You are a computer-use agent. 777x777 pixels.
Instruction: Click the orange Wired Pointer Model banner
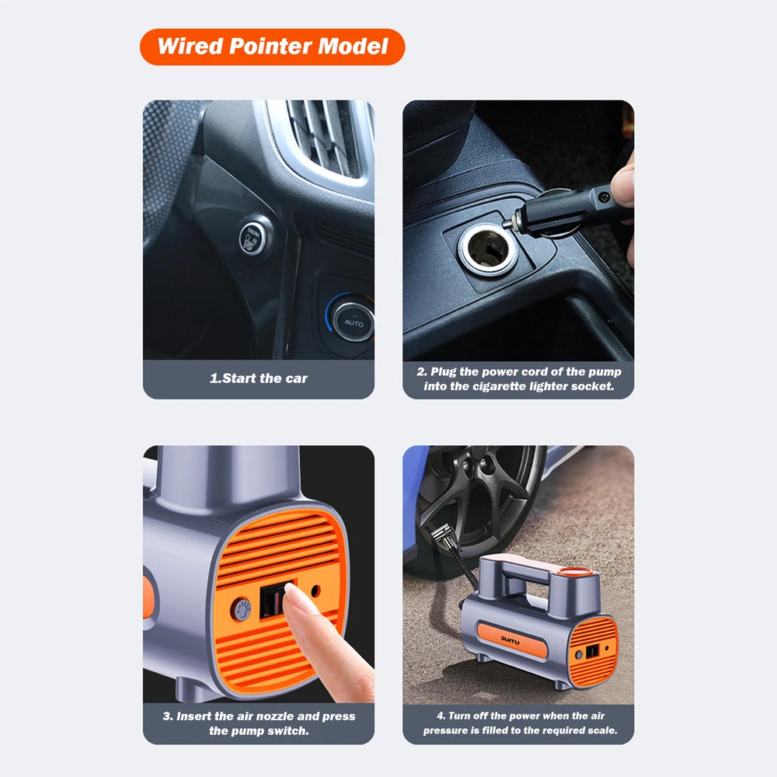coord(272,47)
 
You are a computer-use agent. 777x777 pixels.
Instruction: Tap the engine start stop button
coord(253,239)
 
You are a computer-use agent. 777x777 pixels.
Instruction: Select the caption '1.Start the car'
coord(259,378)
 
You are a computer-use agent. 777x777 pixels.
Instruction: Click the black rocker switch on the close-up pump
coord(273,601)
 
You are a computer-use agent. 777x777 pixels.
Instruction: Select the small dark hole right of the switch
coord(315,591)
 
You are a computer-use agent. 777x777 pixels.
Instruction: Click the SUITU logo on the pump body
coord(510,641)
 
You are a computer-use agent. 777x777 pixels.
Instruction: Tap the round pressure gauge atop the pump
coord(576,571)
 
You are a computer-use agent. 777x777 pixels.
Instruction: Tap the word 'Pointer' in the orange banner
coord(270,47)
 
